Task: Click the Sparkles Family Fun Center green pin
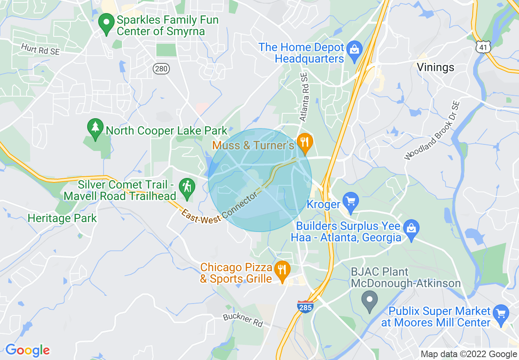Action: [x=107, y=24]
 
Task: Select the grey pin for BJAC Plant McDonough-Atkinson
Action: [x=370, y=301]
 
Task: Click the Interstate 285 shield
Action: [x=305, y=306]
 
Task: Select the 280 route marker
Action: [x=161, y=68]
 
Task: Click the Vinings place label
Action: [x=436, y=67]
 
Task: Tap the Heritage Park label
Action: [x=62, y=218]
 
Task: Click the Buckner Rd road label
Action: [x=243, y=319]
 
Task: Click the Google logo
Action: [x=28, y=350]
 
